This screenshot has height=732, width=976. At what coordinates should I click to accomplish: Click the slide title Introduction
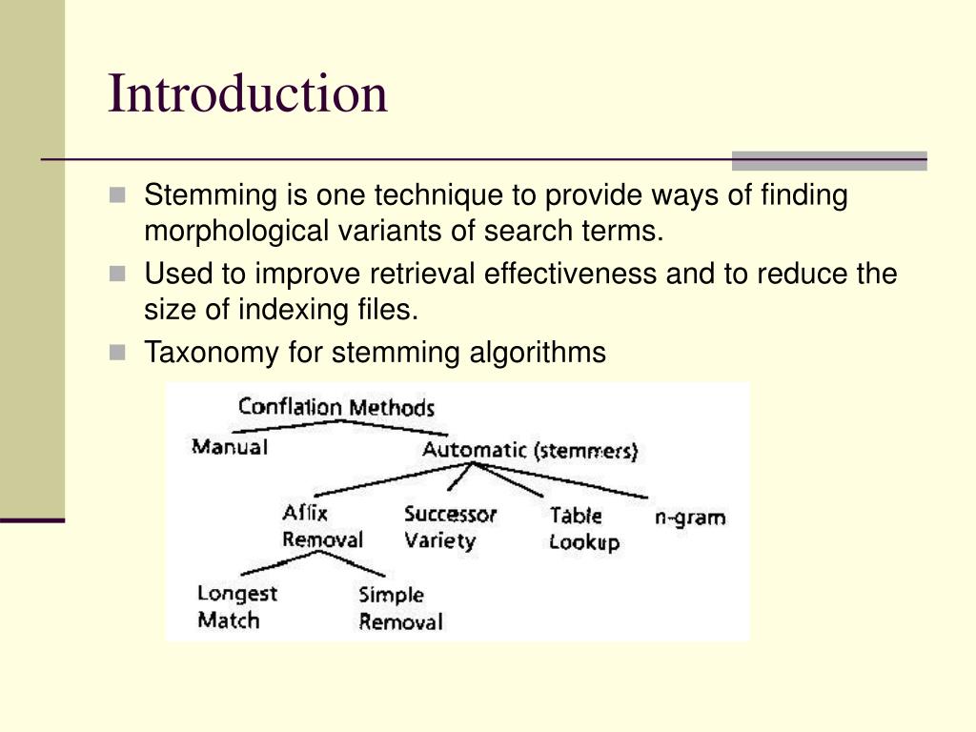coord(248,93)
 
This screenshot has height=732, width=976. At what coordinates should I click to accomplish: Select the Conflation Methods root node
coord(335,408)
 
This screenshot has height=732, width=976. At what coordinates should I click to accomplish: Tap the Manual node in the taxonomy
coord(230,446)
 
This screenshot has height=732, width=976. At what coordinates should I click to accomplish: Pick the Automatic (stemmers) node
coord(530,450)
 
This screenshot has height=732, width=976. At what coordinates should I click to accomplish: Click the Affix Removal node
coord(321,526)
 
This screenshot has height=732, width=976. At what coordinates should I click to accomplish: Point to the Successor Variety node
coord(450,527)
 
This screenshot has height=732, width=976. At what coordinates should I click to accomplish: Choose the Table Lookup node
coord(583,529)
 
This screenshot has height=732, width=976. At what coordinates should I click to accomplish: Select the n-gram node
coord(690,518)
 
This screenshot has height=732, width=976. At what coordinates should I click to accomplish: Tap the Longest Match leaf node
coord(236,607)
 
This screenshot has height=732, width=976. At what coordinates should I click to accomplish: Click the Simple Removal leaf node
coord(400,609)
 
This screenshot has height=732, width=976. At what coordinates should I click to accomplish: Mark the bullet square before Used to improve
coord(117,274)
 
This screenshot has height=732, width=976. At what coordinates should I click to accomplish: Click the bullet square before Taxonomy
coord(117,353)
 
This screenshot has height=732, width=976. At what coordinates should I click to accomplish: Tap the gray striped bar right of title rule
coord(828,160)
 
